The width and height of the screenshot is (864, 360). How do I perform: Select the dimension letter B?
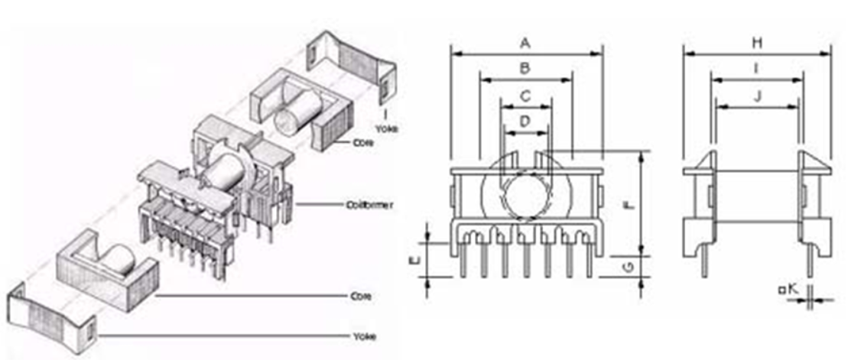pyautogui.click(x=525, y=68)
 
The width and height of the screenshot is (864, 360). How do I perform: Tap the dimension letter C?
pyautogui.click(x=525, y=96)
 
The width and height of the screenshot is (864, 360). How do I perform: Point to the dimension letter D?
pyautogui.click(x=525, y=121)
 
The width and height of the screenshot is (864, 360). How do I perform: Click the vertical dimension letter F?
pyautogui.click(x=629, y=206)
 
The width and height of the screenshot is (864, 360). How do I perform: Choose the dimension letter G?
pyautogui.click(x=629, y=266)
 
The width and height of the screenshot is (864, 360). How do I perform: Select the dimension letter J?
pyautogui.click(x=756, y=96)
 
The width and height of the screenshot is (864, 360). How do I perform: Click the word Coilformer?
pyautogui.click(x=369, y=205)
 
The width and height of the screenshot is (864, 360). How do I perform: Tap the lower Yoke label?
pyautogui.click(x=363, y=336)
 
